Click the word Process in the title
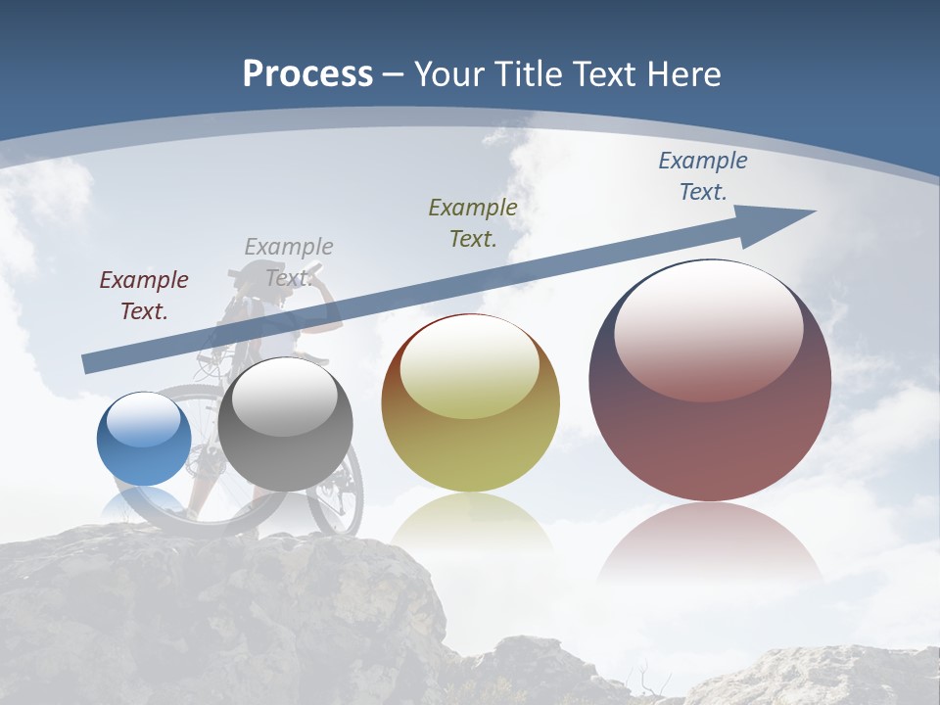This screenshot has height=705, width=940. pos(307,74)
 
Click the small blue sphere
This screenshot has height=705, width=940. pos(144,440)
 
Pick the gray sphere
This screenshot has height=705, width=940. pos(285,424)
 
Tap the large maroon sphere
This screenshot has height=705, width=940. pos(710,380)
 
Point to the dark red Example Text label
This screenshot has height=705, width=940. pos(144,295)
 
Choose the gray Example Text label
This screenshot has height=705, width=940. pos(289,261)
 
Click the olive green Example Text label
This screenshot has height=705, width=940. pos(473,222)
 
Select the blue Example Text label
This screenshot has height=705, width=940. pos(702,176)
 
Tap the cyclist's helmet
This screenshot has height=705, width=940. pos(258,273)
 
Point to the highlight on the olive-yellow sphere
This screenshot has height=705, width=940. pos(470,369)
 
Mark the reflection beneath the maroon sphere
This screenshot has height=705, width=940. pos(710,543)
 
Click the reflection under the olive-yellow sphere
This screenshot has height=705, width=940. pos(470,519)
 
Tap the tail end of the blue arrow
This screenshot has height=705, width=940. pos(86,365)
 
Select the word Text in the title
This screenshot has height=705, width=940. pos(603,74)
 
